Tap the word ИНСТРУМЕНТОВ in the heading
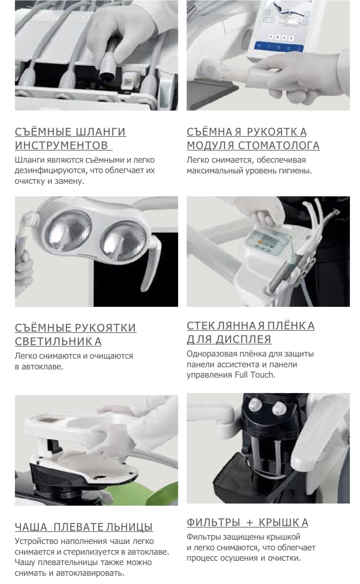(x=62, y=145)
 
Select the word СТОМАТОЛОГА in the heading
(x=279, y=145)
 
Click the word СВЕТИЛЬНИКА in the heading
(x=58, y=341)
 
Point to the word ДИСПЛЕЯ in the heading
(x=244, y=339)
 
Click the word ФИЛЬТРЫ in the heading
(x=213, y=522)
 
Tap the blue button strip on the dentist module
(x=279, y=47)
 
